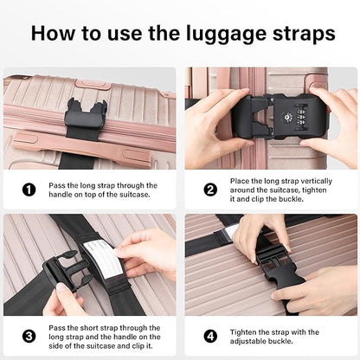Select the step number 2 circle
[x=210, y=190]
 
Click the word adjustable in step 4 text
[x=253, y=341]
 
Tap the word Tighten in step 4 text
[x=247, y=331]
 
